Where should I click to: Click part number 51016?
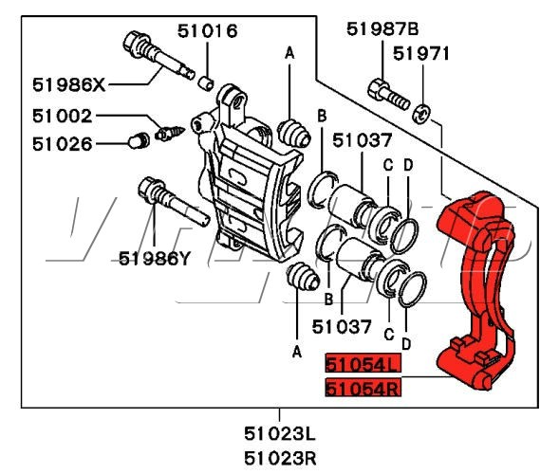pyautogui.click(x=208, y=31)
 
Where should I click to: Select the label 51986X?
pyautogui.click(x=69, y=85)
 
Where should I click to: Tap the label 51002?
pyautogui.click(x=63, y=116)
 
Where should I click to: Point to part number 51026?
pyautogui.click(x=63, y=144)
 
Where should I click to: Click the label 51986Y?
pyautogui.click(x=155, y=259)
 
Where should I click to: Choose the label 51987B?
pyautogui.click(x=382, y=28)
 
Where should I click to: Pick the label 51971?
pyautogui.click(x=421, y=54)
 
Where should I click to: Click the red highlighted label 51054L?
pyautogui.click(x=363, y=364)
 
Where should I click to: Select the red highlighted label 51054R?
pyautogui.click(x=363, y=388)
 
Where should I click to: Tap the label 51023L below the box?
pyautogui.click(x=280, y=434)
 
